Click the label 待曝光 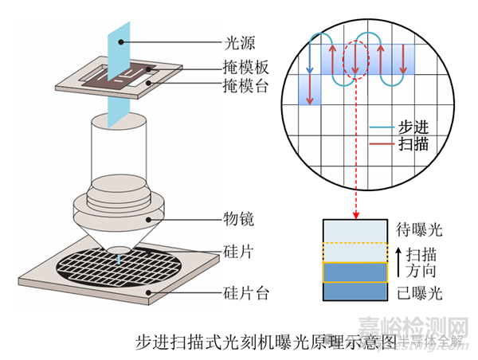[x=417, y=231]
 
